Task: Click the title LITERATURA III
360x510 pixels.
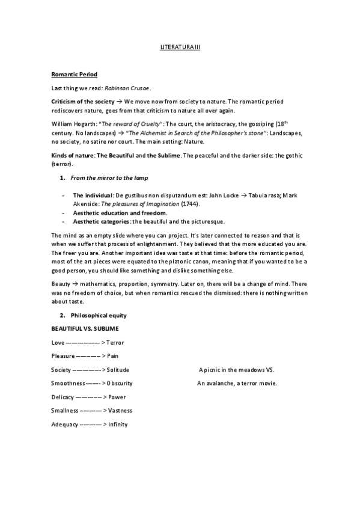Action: point(180,46)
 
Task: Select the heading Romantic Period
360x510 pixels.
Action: point(70,74)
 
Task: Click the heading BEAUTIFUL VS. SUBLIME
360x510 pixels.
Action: point(85,328)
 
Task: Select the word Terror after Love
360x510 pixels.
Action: point(115,342)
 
